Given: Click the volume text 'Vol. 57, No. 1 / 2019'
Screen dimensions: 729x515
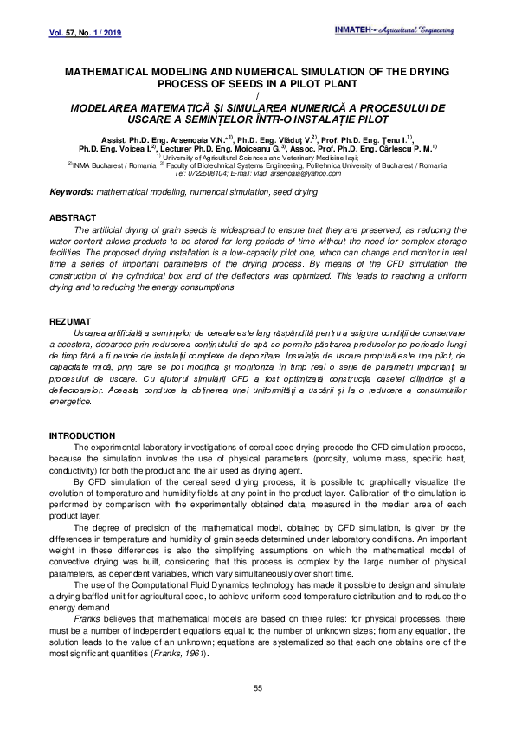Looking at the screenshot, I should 76,33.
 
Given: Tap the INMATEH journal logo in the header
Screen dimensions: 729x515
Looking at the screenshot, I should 394,31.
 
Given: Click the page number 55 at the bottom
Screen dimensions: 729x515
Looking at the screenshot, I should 257,688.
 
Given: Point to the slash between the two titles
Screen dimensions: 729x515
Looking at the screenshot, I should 257,95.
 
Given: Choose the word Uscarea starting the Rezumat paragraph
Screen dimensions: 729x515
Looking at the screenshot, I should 92,332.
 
